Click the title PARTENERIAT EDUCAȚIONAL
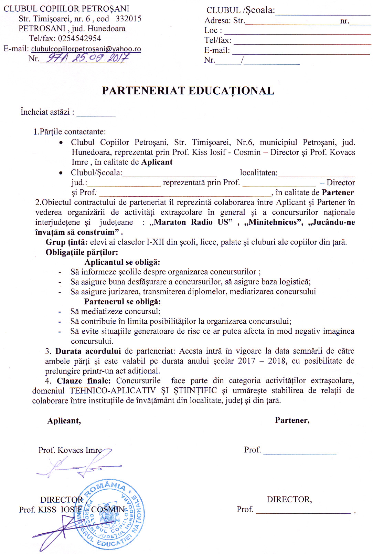188,91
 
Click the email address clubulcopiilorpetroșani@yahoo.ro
86,49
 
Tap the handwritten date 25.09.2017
99,58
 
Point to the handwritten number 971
54,58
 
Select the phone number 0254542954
79,38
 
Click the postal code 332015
128,19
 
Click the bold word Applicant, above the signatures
64,421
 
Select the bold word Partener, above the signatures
292,420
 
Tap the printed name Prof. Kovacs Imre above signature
70,450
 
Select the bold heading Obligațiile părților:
82,252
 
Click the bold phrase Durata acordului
88,351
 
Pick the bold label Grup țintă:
67,242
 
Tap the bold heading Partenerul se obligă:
122,302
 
